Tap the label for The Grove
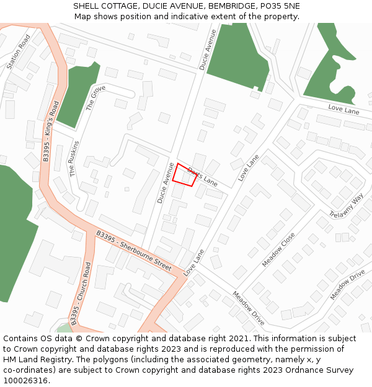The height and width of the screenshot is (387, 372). pos(95,98)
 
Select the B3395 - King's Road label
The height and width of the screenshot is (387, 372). pos(51,131)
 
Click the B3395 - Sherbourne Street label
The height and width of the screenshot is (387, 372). pos(134,250)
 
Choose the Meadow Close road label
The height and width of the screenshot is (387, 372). pos(278,250)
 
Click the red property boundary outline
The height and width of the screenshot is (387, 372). pos(184,175)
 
